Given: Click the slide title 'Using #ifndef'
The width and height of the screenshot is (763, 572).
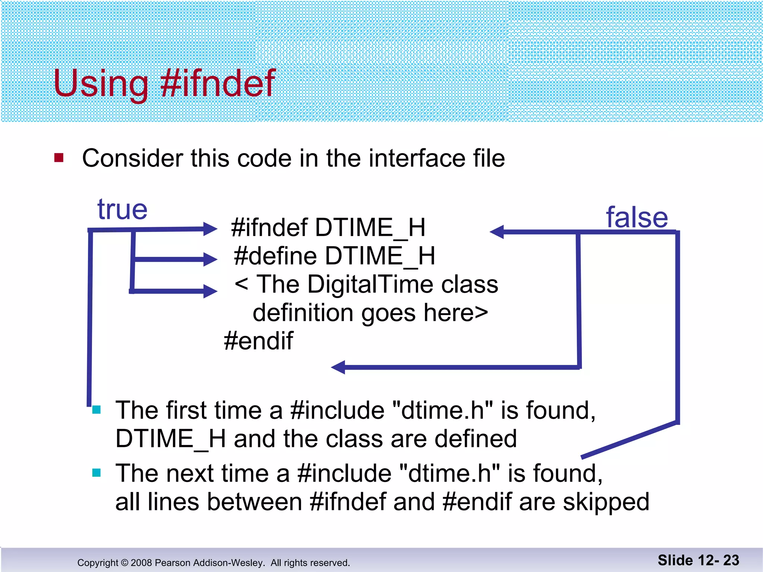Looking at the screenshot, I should tap(164, 83).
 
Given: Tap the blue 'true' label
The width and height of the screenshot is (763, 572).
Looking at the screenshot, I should tap(122, 209).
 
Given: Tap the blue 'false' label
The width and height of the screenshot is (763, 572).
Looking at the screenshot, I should tap(637, 217).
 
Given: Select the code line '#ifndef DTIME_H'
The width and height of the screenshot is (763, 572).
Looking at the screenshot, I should tap(328, 228).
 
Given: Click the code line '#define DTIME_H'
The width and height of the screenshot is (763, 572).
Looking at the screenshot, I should tap(334, 256).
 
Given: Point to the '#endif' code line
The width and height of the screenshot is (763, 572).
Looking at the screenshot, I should tap(258, 341).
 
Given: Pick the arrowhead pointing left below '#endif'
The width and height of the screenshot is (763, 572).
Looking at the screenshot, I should tap(338, 367).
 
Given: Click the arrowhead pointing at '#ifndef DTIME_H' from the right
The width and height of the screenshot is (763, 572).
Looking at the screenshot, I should tap(497, 232).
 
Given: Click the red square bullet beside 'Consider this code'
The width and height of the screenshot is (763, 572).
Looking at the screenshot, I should tap(59, 158).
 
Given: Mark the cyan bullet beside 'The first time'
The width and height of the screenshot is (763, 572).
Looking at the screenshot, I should tap(96, 410).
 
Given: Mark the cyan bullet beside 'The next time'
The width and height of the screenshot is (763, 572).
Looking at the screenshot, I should tap(96, 473).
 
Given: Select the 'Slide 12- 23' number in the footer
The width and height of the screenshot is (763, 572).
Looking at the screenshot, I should tap(698, 560).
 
